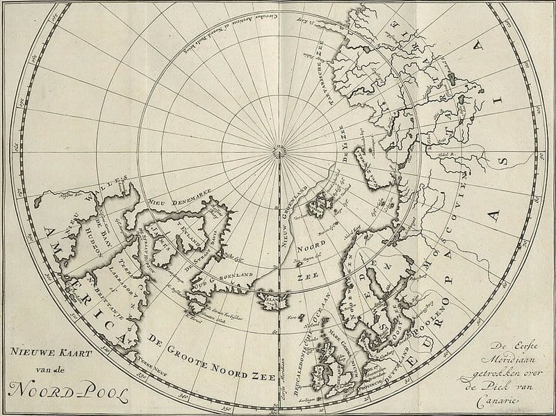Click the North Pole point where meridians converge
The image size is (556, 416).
[x=280, y=149]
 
